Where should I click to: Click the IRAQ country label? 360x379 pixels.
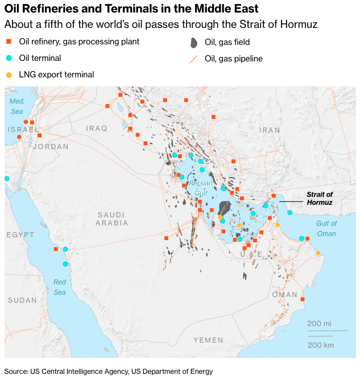click(x=97, y=129)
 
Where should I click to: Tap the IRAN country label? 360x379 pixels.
click(x=270, y=130)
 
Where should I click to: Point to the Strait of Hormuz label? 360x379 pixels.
click(x=320, y=198)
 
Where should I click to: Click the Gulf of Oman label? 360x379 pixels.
click(x=326, y=229)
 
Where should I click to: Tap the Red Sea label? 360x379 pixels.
click(x=60, y=287)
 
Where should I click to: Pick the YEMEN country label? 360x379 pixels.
click(x=208, y=340)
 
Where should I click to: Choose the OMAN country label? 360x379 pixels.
click(x=285, y=294)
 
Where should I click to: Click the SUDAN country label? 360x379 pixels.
click(x=22, y=300)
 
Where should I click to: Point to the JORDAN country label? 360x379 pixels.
click(x=51, y=146)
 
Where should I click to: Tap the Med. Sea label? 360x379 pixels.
click(x=16, y=106)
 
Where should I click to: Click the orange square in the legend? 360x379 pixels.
click(x=9, y=42)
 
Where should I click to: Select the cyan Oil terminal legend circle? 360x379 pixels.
click(x=9, y=58)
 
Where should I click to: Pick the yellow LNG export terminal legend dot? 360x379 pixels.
click(x=9, y=75)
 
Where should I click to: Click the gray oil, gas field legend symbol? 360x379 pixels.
click(x=194, y=43)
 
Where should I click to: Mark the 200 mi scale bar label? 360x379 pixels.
click(x=319, y=323)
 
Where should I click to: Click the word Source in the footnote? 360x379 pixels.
click(x=16, y=371)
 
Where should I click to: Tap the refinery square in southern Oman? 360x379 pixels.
click(x=302, y=299)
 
